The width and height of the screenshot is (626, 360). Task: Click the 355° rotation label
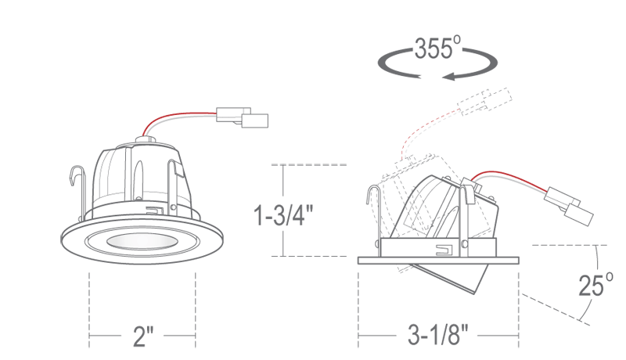click(x=437, y=48)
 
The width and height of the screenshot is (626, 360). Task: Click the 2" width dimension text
click(x=143, y=336)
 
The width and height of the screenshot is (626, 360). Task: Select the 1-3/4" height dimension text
click(x=283, y=214)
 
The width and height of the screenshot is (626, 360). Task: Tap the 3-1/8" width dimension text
click(x=438, y=334)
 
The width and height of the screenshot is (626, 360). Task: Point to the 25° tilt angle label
click(x=595, y=285)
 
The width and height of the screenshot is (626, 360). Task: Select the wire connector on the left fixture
click(x=243, y=117)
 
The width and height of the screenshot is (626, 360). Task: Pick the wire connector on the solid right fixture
click(x=570, y=206)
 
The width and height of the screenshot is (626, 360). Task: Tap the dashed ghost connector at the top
click(x=484, y=101)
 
